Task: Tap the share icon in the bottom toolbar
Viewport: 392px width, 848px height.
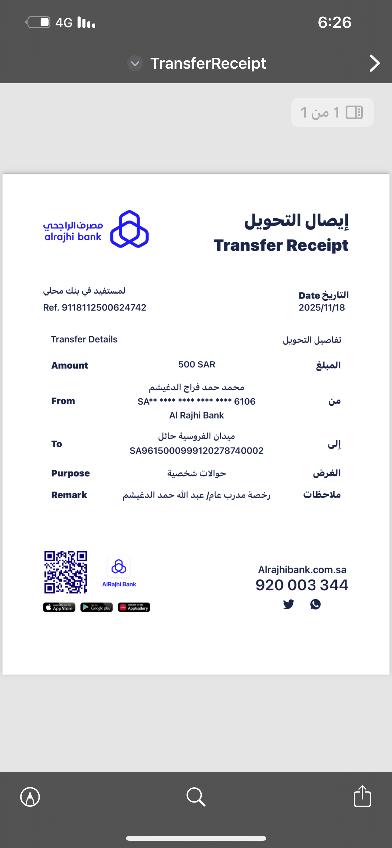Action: coord(362,796)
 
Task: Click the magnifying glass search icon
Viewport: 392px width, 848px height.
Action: coord(196,797)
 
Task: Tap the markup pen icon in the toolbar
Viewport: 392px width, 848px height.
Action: coord(30,797)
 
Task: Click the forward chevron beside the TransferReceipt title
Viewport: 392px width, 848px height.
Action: coord(374,63)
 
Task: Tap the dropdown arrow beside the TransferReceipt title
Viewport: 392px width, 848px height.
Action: coord(135,63)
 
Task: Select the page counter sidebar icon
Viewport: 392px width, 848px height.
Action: coord(354,113)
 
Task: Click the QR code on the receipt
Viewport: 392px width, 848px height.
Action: coord(66,572)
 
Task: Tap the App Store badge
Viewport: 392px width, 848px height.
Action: coord(59,607)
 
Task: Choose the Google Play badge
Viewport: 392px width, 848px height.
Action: coord(96,607)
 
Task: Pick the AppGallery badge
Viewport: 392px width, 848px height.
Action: coord(134,607)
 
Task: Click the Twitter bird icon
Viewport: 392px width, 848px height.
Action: coord(289,604)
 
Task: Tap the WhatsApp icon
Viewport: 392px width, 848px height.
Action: coord(315,604)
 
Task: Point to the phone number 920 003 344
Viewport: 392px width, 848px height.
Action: coord(302,585)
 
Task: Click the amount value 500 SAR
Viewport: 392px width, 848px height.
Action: coord(197,364)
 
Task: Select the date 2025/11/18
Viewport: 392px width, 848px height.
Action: coord(321,307)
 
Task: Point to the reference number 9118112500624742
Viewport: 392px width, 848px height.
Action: coord(104,307)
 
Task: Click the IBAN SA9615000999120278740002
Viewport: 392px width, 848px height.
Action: coord(197,450)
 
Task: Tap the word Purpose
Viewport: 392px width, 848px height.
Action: coord(71,473)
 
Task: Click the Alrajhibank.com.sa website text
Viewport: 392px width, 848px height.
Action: coord(302,570)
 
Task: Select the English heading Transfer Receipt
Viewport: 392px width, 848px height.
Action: coord(281,245)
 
